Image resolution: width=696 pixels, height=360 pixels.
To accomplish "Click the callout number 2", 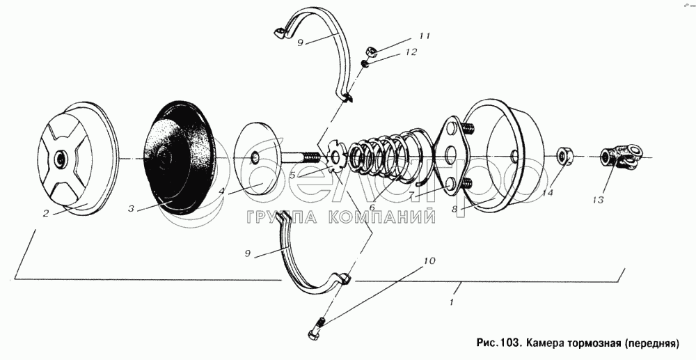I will click(x=46, y=214).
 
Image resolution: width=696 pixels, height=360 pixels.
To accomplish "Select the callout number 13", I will click(x=596, y=201).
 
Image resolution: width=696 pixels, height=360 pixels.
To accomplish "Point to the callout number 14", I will click(x=548, y=194).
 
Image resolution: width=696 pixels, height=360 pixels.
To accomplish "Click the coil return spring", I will click(x=390, y=153).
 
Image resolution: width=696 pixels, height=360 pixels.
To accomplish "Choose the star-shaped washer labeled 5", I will click(x=336, y=157).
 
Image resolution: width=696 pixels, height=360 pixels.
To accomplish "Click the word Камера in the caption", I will click(x=550, y=343).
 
